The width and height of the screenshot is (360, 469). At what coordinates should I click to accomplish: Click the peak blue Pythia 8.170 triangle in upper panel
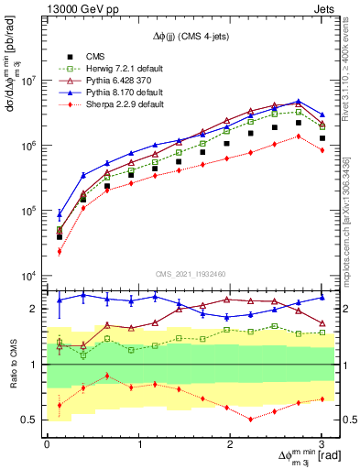(299, 102)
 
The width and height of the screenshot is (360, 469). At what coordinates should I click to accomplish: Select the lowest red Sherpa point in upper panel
(60, 251)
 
